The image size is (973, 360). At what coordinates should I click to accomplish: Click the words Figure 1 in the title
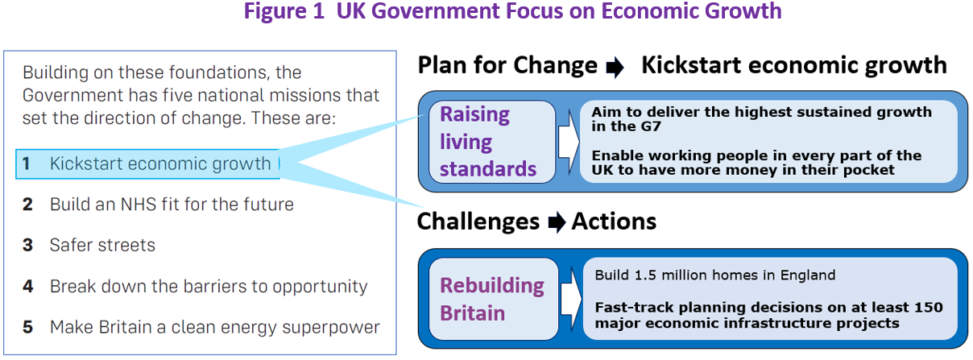284,11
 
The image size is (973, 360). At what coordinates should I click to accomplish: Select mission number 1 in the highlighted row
27,163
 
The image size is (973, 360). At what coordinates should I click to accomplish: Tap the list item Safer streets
102,245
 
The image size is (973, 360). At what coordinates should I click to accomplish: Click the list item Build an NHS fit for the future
172,204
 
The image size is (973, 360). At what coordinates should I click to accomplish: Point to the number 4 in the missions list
28,286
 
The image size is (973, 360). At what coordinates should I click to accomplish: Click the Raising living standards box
492,142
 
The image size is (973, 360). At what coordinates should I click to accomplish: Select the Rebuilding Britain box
494,299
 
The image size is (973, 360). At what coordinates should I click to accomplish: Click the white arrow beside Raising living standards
569,142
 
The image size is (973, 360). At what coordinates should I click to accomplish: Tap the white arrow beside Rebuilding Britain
571,299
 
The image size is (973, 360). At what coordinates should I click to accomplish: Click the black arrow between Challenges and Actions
557,222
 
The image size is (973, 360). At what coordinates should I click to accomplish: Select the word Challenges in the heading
478,222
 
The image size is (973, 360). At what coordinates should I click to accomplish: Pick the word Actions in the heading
614,221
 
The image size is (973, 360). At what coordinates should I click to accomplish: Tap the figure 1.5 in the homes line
645,275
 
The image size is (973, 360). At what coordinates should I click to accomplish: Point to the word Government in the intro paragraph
72,95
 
